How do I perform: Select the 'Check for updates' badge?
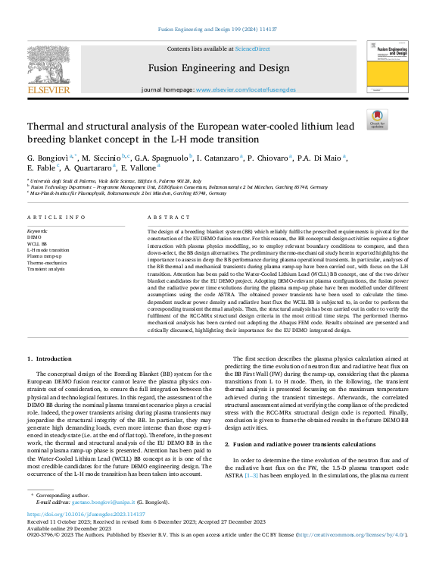(x=376, y=119)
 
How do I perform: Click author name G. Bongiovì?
(x=47, y=157)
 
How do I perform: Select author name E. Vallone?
(x=139, y=167)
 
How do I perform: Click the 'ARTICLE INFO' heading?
(x=57, y=217)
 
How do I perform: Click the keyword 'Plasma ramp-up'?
(x=45, y=256)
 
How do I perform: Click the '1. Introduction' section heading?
(x=50, y=358)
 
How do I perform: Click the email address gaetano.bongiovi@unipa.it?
(x=103, y=502)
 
